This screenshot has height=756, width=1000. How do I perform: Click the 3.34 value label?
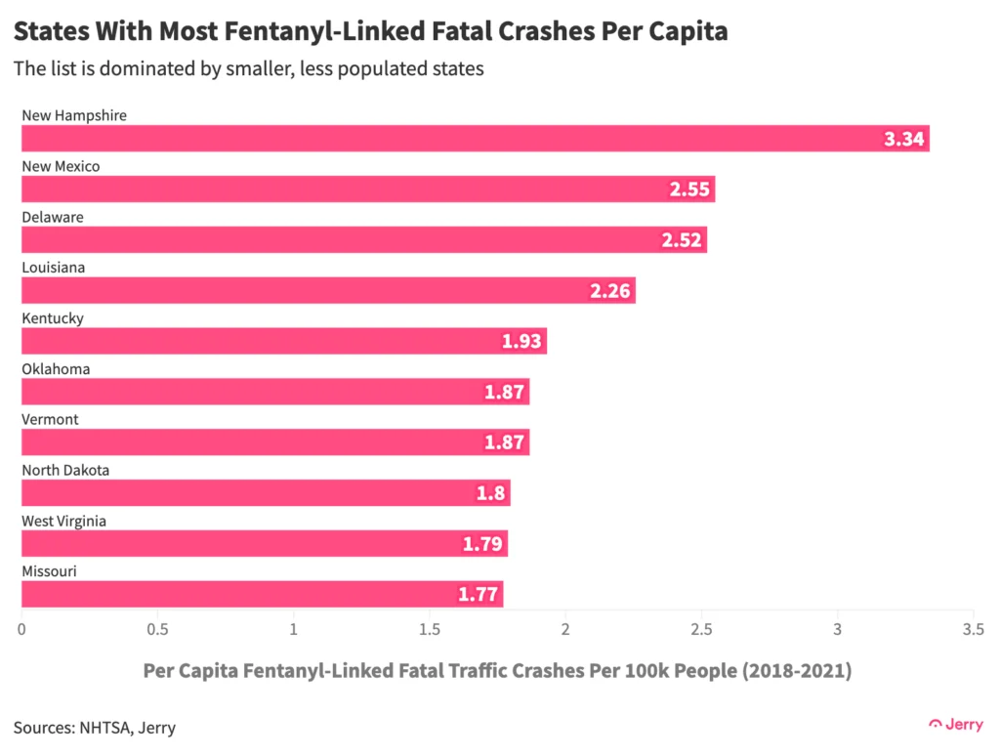point(903,139)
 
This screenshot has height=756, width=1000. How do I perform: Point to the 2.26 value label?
point(611,291)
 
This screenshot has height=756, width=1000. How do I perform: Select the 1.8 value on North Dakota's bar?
point(491,493)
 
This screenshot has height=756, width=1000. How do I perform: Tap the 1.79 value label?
point(483,544)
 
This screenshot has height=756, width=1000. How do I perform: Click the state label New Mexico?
point(61,166)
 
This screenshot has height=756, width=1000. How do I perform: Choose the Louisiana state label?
point(54,268)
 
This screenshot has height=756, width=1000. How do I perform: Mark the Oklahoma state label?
point(56,369)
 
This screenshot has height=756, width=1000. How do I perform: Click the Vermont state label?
point(50,419)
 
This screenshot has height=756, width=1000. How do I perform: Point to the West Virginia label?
point(63,521)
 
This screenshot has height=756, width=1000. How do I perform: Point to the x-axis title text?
point(496,672)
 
